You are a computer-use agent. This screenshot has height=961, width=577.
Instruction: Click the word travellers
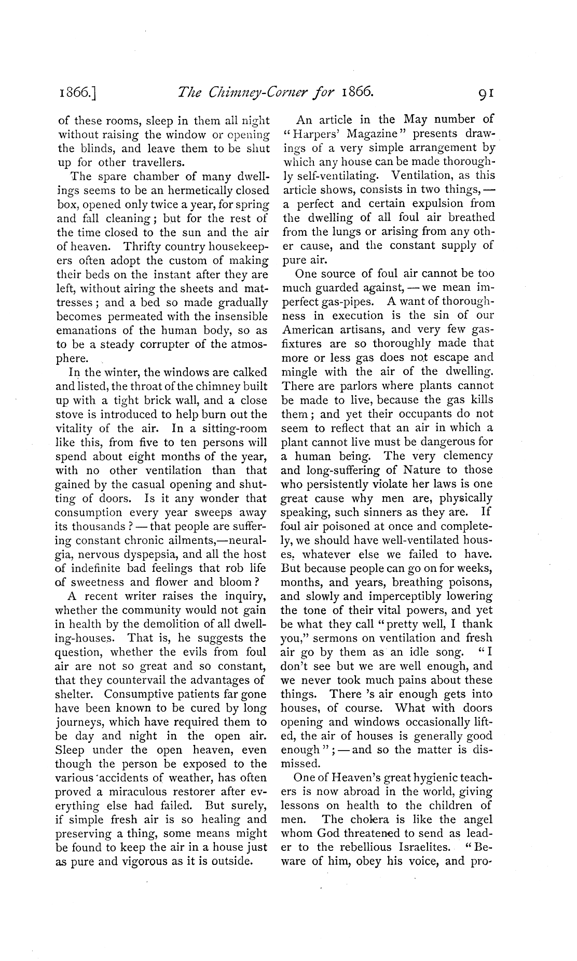tap(152, 163)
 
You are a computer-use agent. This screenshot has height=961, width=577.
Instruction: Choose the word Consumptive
tap(136, 695)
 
